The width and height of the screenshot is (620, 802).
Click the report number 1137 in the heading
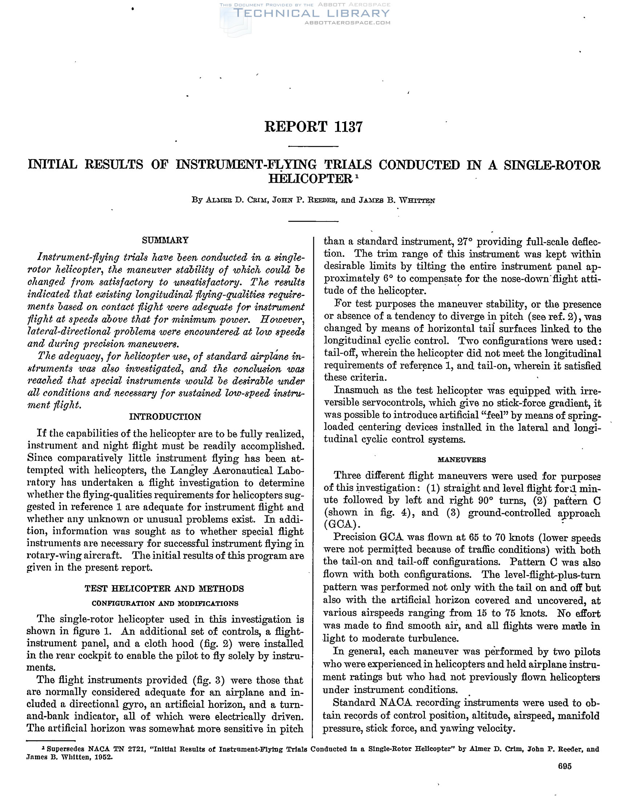[x=349, y=127]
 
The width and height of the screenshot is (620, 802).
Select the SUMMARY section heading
[x=165, y=240]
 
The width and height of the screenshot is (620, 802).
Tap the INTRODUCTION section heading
[x=165, y=417]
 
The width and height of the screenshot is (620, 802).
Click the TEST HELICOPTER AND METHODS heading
[x=164, y=589]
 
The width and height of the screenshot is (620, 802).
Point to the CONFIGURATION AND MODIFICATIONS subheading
[x=165, y=603]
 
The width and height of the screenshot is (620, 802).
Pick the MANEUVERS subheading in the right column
[x=462, y=460]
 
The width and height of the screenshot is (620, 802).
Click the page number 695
[x=564, y=766]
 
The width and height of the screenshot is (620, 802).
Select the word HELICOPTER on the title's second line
[x=311, y=179]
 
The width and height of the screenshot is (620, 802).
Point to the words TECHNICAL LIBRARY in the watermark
[x=311, y=13]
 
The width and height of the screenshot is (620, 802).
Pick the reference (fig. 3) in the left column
[x=208, y=680]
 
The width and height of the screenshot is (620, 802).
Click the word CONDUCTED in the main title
[x=419, y=165]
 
